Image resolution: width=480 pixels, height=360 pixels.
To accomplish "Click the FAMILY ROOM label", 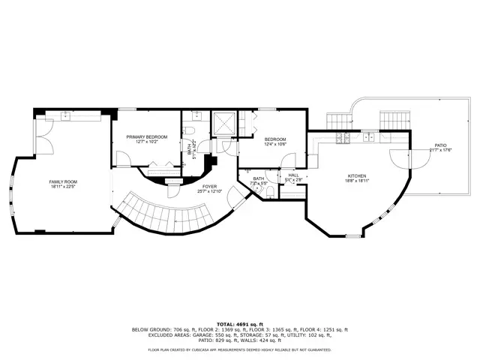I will pos(64,181).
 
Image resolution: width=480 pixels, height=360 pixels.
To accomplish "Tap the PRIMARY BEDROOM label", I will pos(146,136).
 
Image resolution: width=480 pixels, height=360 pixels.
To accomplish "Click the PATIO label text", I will pos(439,145).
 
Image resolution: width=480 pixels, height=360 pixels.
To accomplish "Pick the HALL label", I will pos(293,175).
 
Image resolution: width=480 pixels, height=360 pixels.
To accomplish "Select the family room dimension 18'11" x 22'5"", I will pos(64,187).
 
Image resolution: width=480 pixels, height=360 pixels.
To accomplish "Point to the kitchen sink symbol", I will pos(370,137).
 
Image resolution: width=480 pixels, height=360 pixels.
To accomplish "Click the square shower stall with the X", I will pos(224,124).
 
